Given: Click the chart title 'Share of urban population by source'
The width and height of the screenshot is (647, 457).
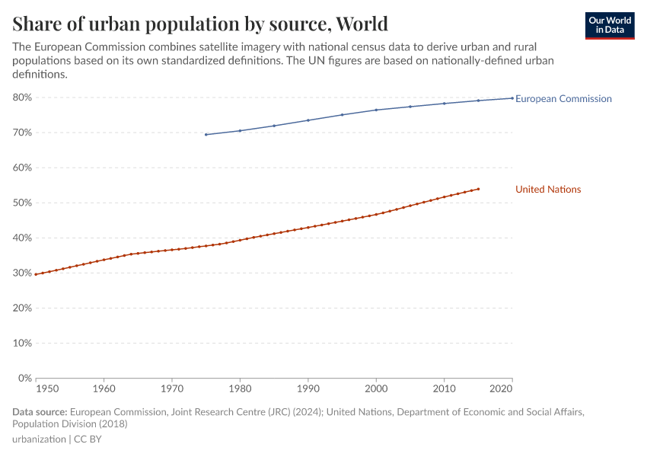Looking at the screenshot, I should pyautogui.click(x=200, y=24).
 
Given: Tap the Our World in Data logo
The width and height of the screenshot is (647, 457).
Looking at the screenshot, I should pyautogui.click(x=609, y=25).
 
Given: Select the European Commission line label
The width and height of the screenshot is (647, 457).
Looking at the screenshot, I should pyautogui.click(x=563, y=99).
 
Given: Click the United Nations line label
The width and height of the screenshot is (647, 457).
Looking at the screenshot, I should pyautogui.click(x=548, y=190).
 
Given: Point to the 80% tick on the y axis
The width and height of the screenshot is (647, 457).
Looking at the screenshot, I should pyautogui.click(x=22, y=97).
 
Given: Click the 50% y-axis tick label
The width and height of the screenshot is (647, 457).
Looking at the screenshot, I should pyautogui.click(x=22, y=203).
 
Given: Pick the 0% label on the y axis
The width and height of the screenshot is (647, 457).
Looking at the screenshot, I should pyautogui.click(x=24, y=378).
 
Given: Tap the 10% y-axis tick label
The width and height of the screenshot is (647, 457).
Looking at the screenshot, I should pyautogui.click(x=22, y=343).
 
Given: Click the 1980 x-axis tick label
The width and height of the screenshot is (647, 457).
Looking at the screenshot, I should pyautogui.click(x=240, y=388).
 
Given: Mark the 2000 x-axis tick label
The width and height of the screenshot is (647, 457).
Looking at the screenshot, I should pyautogui.click(x=376, y=388).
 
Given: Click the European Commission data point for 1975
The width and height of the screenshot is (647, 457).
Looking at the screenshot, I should pyautogui.click(x=206, y=135).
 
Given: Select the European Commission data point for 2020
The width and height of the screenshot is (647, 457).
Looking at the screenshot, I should pyautogui.click(x=512, y=97).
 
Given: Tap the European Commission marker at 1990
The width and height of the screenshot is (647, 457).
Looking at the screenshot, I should pyautogui.click(x=308, y=120).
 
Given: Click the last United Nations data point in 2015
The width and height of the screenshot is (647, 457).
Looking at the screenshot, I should pyautogui.click(x=478, y=189).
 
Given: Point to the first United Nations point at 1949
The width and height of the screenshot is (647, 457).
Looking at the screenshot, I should pyautogui.click(x=36, y=274).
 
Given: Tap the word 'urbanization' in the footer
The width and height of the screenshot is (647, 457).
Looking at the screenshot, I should pyautogui.click(x=38, y=439).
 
